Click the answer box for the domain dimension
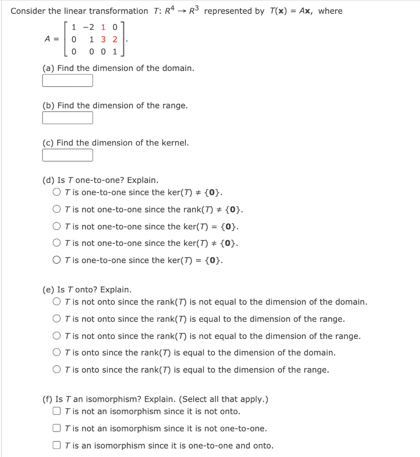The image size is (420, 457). (x=67, y=81)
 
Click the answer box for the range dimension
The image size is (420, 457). (x=67, y=118)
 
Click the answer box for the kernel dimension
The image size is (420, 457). (x=67, y=155)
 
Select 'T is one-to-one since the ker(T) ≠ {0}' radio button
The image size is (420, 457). (x=57, y=193)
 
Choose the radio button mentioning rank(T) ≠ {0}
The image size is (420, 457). (x=57, y=209)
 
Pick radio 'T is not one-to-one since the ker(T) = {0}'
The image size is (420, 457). (x=57, y=226)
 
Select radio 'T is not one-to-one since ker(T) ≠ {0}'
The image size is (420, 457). (x=57, y=243)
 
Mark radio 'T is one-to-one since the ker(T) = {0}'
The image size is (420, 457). (x=57, y=260)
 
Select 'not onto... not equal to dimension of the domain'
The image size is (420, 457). (x=57, y=302)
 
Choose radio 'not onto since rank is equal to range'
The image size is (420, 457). (x=57, y=319)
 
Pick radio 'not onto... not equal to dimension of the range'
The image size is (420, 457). (x=57, y=336)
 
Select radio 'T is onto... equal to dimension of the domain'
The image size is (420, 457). (x=57, y=353)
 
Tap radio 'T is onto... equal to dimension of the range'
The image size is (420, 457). (x=57, y=370)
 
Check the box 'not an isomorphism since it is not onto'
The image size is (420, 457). (x=57, y=411)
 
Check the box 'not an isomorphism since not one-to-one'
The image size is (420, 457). (x=57, y=428)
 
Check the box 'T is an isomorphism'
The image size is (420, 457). (x=57, y=445)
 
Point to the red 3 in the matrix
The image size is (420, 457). (x=104, y=39)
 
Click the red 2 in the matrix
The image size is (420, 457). (x=115, y=39)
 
